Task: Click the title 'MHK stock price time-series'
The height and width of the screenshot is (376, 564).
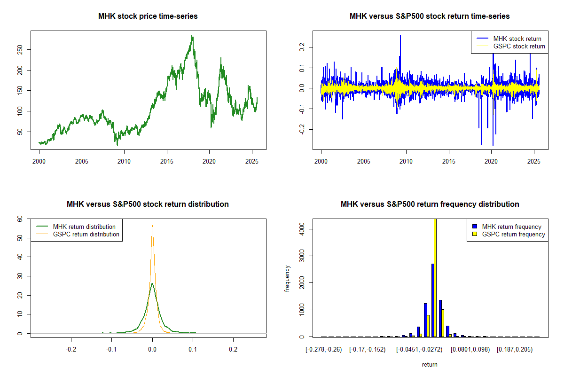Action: tap(148, 16)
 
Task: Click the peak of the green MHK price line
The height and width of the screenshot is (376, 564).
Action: tap(192, 36)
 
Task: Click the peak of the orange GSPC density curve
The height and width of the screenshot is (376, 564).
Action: tap(152, 226)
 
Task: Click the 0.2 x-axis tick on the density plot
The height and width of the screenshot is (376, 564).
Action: tap(233, 350)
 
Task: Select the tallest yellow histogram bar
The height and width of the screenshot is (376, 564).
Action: tap(435, 277)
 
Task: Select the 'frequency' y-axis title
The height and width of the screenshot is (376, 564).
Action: tap(287, 278)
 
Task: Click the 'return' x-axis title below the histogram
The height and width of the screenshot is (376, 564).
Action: tap(430, 365)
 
